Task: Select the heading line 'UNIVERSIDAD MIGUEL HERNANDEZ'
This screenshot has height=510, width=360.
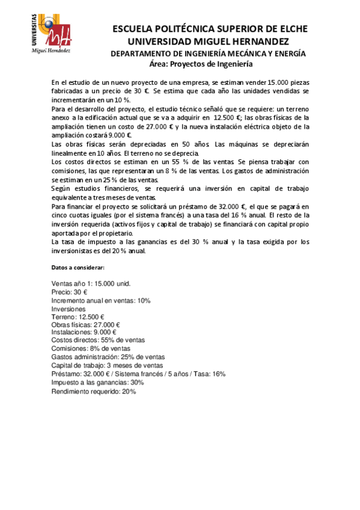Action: (209, 41)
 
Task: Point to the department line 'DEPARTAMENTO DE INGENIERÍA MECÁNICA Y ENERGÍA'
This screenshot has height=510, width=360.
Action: (208, 53)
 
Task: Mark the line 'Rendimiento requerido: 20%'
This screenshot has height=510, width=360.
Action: (94, 392)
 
